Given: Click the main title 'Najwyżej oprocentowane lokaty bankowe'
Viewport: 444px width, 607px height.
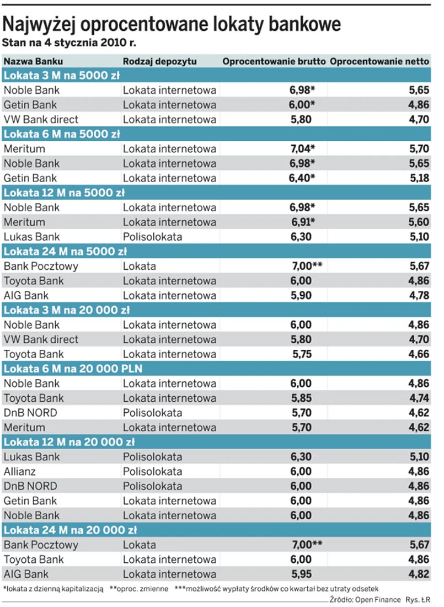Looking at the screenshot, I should click(x=172, y=24).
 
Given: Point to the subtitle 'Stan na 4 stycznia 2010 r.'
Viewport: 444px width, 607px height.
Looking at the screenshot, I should click(x=69, y=42).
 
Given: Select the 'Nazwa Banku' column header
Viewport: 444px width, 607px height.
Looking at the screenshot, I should click(x=33, y=61).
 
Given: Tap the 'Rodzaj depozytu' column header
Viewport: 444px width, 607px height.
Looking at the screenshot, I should click(x=159, y=61).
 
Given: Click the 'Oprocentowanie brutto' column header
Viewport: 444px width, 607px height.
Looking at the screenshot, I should click(x=274, y=61).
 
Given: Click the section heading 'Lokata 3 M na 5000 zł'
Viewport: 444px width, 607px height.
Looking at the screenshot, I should click(x=62, y=76).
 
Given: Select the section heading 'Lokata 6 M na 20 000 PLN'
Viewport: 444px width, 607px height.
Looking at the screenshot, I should click(x=73, y=369).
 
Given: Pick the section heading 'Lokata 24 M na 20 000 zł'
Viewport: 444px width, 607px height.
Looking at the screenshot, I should click(x=70, y=530).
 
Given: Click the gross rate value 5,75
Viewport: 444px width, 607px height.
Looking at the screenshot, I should click(x=301, y=354).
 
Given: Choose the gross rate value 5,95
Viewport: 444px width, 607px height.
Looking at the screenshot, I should click(x=301, y=574).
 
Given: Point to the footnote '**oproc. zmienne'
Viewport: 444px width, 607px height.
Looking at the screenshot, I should click(x=139, y=589).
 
